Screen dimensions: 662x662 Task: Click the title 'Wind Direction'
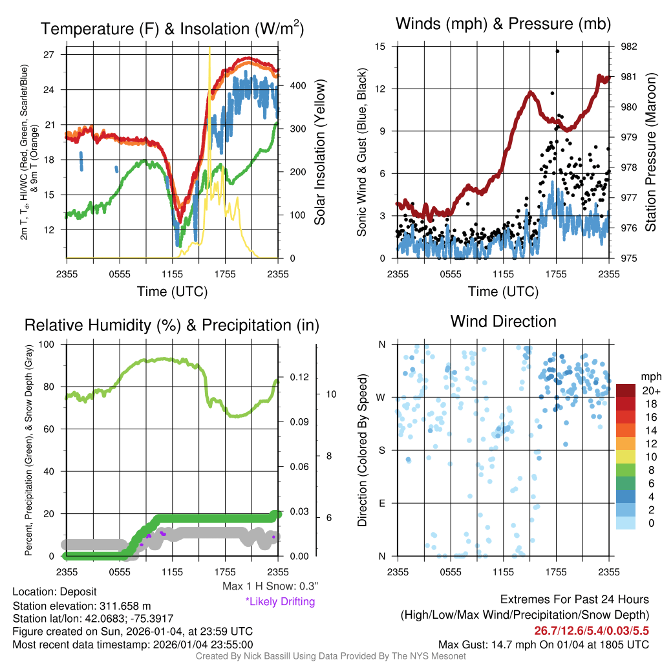pyautogui.click(x=503, y=321)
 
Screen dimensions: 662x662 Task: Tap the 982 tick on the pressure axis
pyautogui.click(x=628, y=47)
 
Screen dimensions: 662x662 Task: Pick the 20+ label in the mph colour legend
pyautogui.click(x=650, y=390)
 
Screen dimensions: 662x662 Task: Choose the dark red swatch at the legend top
pyautogui.click(x=626, y=390)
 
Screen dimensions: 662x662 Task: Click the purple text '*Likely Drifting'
pyautogui.click(x=280, y=601)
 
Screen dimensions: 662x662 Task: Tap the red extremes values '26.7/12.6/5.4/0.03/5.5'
pyautogui.click(x=592, y=630)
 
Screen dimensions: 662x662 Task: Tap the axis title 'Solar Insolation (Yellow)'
pyautogui.click(x=320, y=153)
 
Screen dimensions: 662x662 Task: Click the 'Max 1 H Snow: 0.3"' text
pyautogui.click(x=270, y=586)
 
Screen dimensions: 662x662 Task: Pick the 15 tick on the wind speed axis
pyautogui.click(x=380, y=47)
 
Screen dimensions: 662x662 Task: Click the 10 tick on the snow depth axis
pyautogui.click(x=330, y=394)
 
